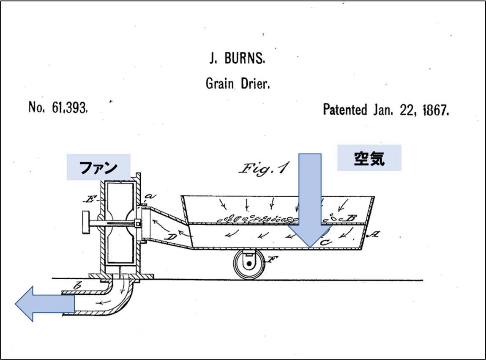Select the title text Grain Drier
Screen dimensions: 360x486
click(x=238, y=84)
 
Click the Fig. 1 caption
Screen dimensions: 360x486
click(x=263, y=169)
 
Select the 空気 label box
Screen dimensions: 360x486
click(x=369, y=158)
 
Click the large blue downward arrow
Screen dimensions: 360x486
click(x=310, y=199)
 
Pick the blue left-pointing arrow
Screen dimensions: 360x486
click(x=44, y=303)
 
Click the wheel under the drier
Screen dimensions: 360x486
click(x=248, y=264)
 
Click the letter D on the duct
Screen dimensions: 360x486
click(x=171, y=238)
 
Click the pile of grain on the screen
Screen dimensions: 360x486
click(x=258, y=218)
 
